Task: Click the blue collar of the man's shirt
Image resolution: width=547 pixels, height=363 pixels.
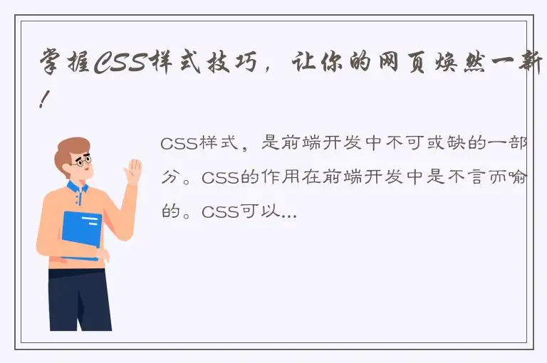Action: point(77,188)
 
